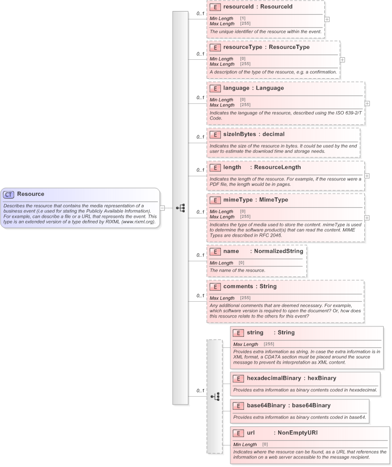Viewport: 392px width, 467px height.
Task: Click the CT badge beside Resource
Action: point(9,194)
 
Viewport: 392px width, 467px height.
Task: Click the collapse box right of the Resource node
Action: point(163,208)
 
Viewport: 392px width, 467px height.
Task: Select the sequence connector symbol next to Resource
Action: point(181,208)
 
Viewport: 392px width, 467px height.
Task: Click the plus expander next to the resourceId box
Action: point(327,19)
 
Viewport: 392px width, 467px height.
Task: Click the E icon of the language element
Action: point(215,88)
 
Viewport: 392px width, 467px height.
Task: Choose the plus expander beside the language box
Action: point(367,103)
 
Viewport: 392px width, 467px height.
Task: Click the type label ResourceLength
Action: point(278,167)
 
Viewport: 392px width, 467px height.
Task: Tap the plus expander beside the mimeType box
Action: point(367,217)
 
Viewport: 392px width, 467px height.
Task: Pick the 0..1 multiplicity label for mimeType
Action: point(200,212)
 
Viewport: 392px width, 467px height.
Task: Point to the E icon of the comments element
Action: point(215,286)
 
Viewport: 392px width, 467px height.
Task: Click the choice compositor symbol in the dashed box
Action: point(215,396)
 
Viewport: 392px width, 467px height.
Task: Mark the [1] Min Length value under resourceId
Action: point(242,18)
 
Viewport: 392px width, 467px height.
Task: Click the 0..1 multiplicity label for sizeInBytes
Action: point(200,137)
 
